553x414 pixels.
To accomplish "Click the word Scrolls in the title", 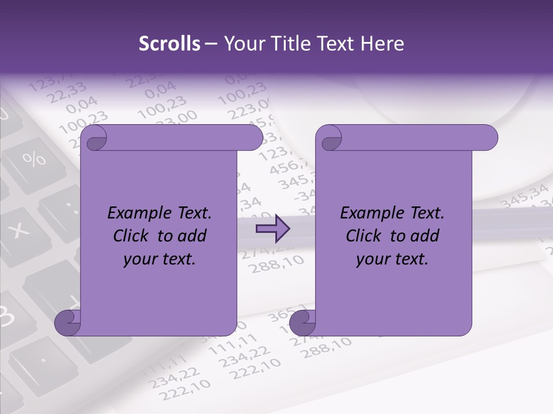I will click(x=170, y=44).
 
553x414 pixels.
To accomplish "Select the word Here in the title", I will click(x=381, y=44).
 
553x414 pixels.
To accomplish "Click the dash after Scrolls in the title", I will click(x=211, y=44).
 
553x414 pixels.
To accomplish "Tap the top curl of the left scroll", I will click(x=94, y=139).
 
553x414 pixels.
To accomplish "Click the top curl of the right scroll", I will click(x=331, y=139).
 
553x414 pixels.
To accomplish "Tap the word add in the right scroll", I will click(x=424, y=236).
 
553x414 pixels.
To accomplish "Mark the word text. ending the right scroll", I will click(x=410, y=259).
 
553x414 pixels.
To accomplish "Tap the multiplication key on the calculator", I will click(x=21, y=230).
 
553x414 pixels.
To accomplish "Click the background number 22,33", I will click(x=67, y=92).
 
